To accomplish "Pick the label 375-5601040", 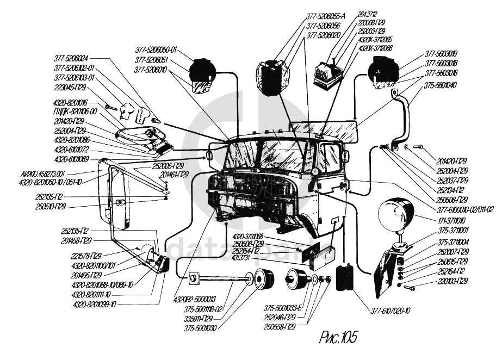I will pos(442,85).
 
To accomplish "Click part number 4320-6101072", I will pos(71,149).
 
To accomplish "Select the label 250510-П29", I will pos(49,206).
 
